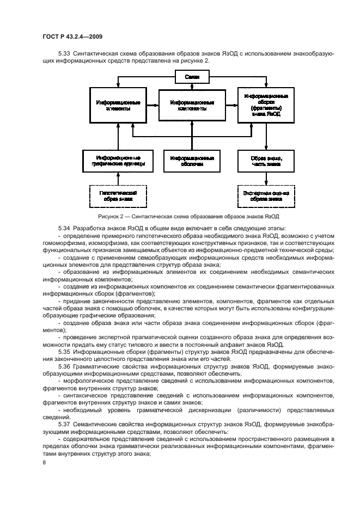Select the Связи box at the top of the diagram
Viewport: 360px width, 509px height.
[x=192, y=77]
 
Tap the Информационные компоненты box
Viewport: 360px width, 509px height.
[x=192, y=105]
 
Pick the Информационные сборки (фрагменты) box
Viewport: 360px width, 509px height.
[x=266, y=105]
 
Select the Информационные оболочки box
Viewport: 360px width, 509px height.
[x=192, y=161]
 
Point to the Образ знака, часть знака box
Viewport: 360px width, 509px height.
[x=266, y=161]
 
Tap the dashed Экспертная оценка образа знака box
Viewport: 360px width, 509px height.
[x=266, y=195]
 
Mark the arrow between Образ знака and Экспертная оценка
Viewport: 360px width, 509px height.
[x=266, y=179]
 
